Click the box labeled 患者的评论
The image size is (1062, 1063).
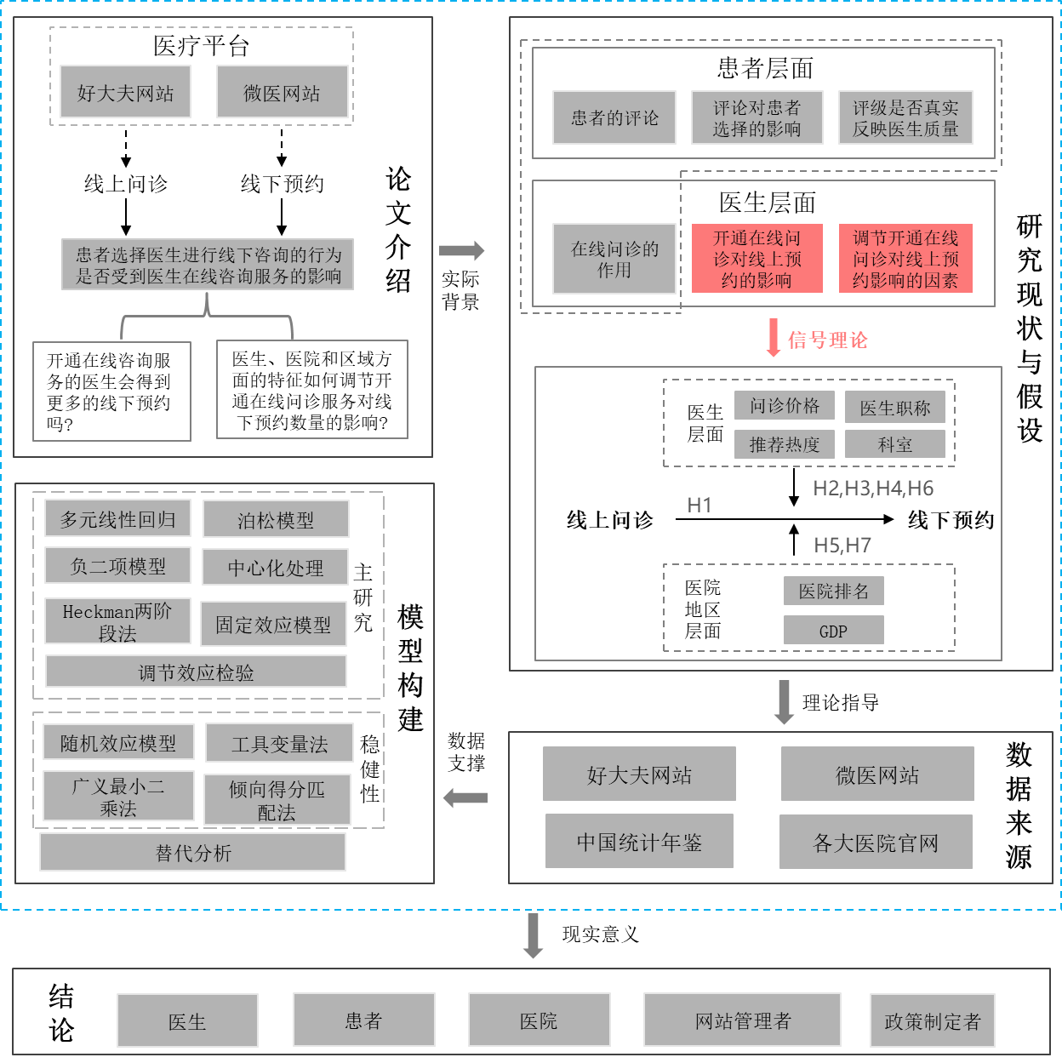pyautogui.click(x=614, y=117)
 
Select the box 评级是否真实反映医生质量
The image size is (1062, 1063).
pyautogui.click(x=905, y=117)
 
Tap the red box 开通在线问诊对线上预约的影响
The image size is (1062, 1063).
pyautogui.click(x=757, y=259)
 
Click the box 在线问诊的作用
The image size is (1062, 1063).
pyautogui.click(x=614, y=259)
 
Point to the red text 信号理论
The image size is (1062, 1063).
pyautogui.click(x=827, y=340)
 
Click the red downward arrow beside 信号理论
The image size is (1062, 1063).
pyautogui.click(x=773, y=338)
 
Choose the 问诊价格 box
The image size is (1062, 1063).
pyautogui.click(x=785, y=406)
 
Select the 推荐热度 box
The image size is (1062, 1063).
pyautogui.click(x=785, y=444)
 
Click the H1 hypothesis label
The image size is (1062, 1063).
pyautogui.click(x=699, y=506)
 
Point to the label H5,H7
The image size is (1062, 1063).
pyautogui.click(x=842, y=546)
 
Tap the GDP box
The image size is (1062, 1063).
pyautogui.click(x=833, y=631)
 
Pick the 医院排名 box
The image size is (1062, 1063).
pyautogui.click(x=833, y=592)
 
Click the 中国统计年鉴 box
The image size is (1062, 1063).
pyautogui.click(x=639, y=842)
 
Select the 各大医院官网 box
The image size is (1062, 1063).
pyautogui.click(x=876, y=843)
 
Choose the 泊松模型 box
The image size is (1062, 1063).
pyautogui.click(x=276, y=519)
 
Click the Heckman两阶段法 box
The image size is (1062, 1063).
pyautogui.click(x=117, y=622)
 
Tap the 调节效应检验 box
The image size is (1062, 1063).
pyautogui.click(x=196, y=672)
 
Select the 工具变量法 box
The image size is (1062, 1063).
pyautogui.click(x=279, y=744)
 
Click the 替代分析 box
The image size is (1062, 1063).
pyautogui.click(x=193, y=852)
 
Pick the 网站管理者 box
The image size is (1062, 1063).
pyautogui.click(x=742, y=1020)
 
